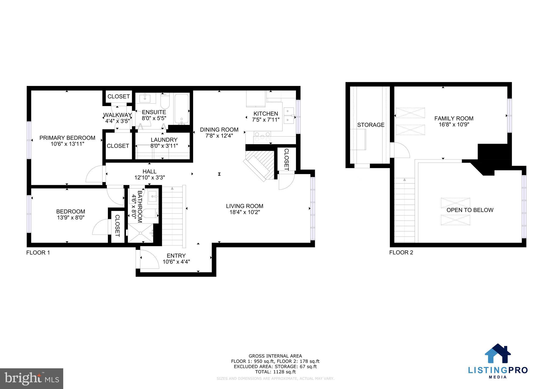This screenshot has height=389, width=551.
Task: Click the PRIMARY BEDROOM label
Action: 67,138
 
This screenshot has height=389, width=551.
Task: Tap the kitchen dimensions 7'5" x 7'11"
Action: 266,120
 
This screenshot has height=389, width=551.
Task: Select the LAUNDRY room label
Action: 164,140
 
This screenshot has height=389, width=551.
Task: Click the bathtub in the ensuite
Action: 182,109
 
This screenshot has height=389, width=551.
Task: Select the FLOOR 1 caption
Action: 38,253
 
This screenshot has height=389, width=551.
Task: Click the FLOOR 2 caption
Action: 401,253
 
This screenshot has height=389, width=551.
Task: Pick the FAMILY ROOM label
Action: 454,118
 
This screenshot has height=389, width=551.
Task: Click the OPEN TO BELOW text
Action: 470,210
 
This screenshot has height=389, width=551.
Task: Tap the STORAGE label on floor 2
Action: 370,125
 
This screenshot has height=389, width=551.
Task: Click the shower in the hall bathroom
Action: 140,233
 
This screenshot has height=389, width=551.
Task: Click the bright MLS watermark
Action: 31,379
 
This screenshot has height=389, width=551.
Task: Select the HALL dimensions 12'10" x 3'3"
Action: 149,178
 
